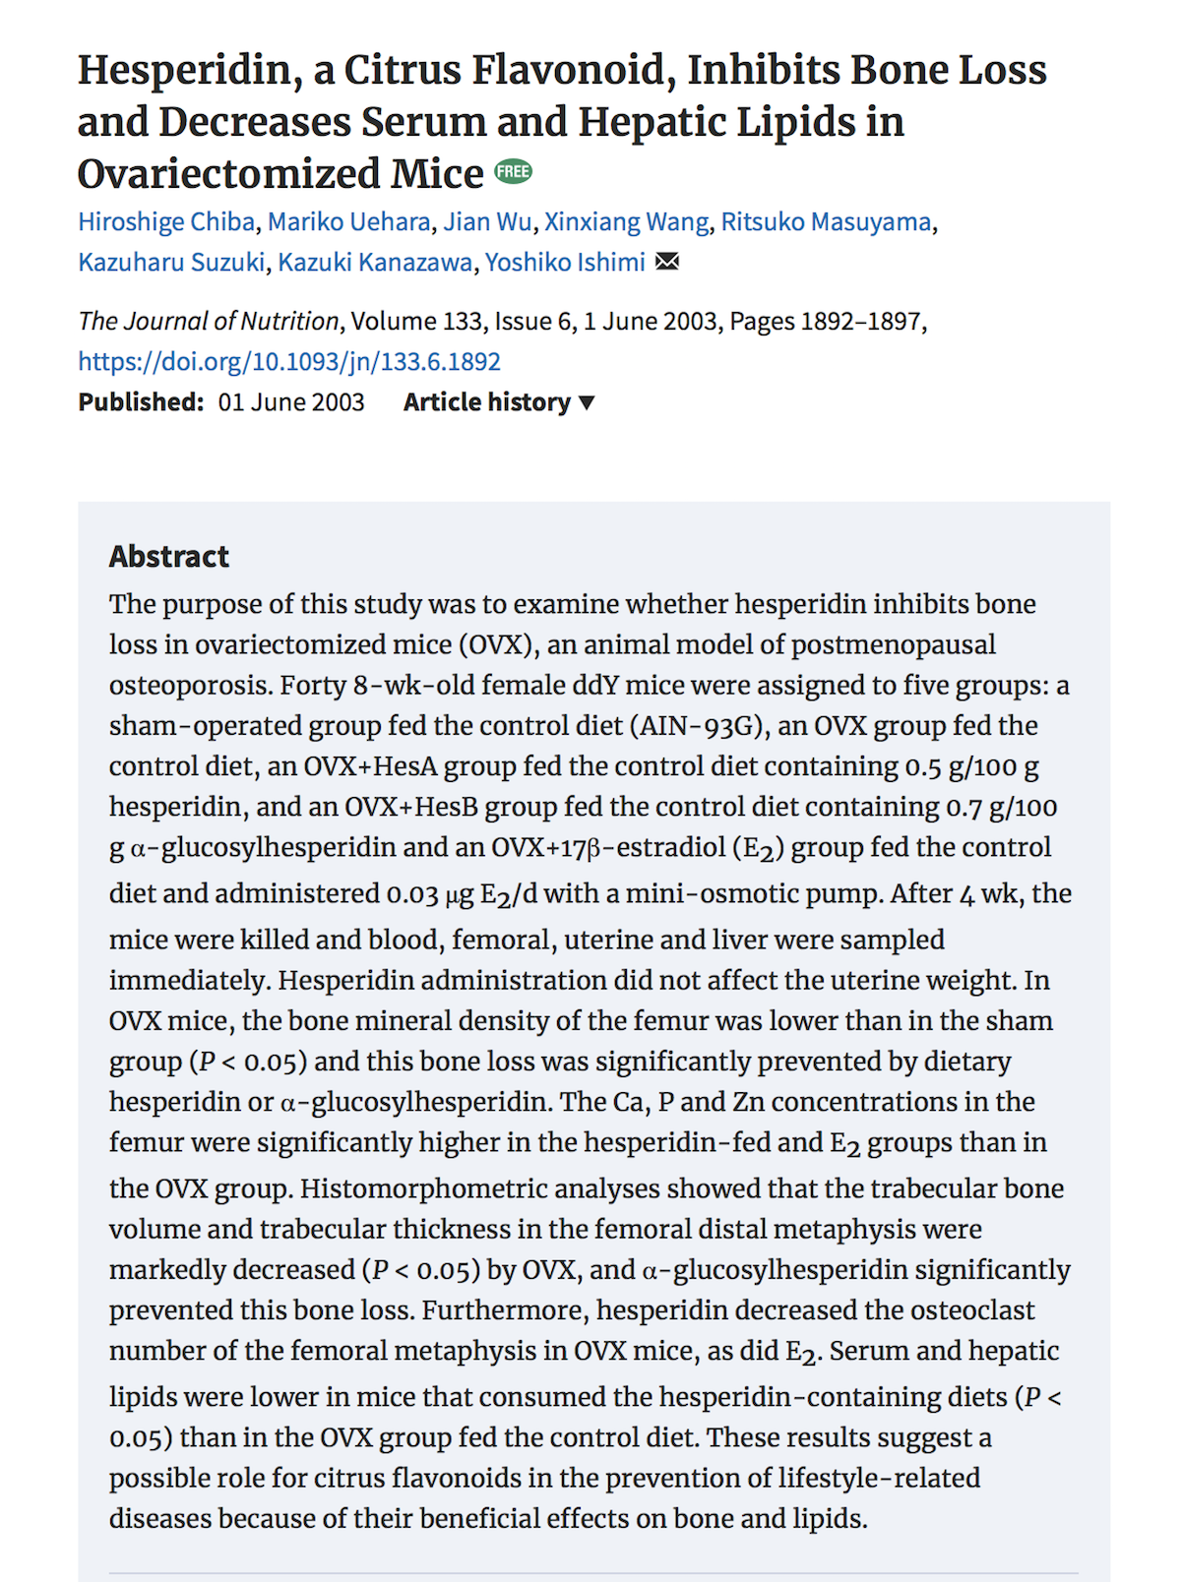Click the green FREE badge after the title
pos(513,172)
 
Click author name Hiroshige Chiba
pos(166,222)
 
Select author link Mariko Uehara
pos(348,222)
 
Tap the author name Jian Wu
pos(487,222)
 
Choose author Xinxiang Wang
pos(626,222)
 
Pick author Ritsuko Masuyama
pos(826,222)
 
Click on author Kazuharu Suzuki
pos(171,263)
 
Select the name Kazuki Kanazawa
pos(374,263)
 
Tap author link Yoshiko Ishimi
pos(565,263)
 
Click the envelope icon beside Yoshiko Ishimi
pos(667,262)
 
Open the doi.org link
pos(289,362)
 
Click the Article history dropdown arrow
pos(588,402)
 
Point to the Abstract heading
pos(168,557)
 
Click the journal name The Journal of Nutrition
pos(209,322)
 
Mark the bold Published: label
pos(141,402)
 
